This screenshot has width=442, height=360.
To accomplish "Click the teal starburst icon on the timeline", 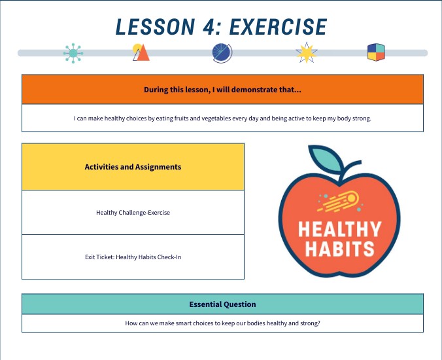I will click(73, 53).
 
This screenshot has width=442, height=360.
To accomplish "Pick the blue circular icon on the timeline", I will click(222, 53).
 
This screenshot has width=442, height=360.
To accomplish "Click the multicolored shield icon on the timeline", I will click(376, 53).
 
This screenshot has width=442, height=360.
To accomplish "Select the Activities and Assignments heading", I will click(133, 167).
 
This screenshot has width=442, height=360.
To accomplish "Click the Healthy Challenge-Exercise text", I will click(133, 213).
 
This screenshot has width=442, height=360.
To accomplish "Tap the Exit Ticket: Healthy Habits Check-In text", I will click(133, 257).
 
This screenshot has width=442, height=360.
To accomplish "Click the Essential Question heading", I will click(222, 304).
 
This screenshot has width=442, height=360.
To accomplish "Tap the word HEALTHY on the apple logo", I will click(339, 230).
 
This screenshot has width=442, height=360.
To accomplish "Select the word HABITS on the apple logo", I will click(339, 249).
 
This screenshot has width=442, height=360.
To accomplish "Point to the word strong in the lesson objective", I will click(362, 118).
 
